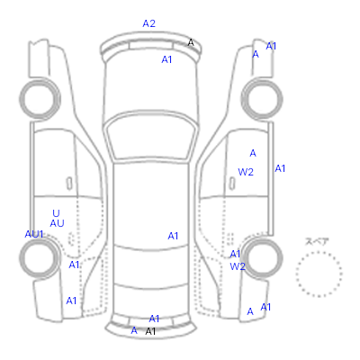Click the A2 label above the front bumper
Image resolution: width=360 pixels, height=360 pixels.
148,23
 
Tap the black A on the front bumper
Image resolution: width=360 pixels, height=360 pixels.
191,43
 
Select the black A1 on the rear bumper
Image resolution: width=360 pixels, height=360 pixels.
150,331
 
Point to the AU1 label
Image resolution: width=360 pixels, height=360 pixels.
34,234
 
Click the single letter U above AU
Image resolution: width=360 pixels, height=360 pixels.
56,213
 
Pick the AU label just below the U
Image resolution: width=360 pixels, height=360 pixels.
57,223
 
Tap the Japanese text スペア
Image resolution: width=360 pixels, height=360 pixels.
317,241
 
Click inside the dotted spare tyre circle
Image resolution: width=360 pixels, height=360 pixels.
319,274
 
